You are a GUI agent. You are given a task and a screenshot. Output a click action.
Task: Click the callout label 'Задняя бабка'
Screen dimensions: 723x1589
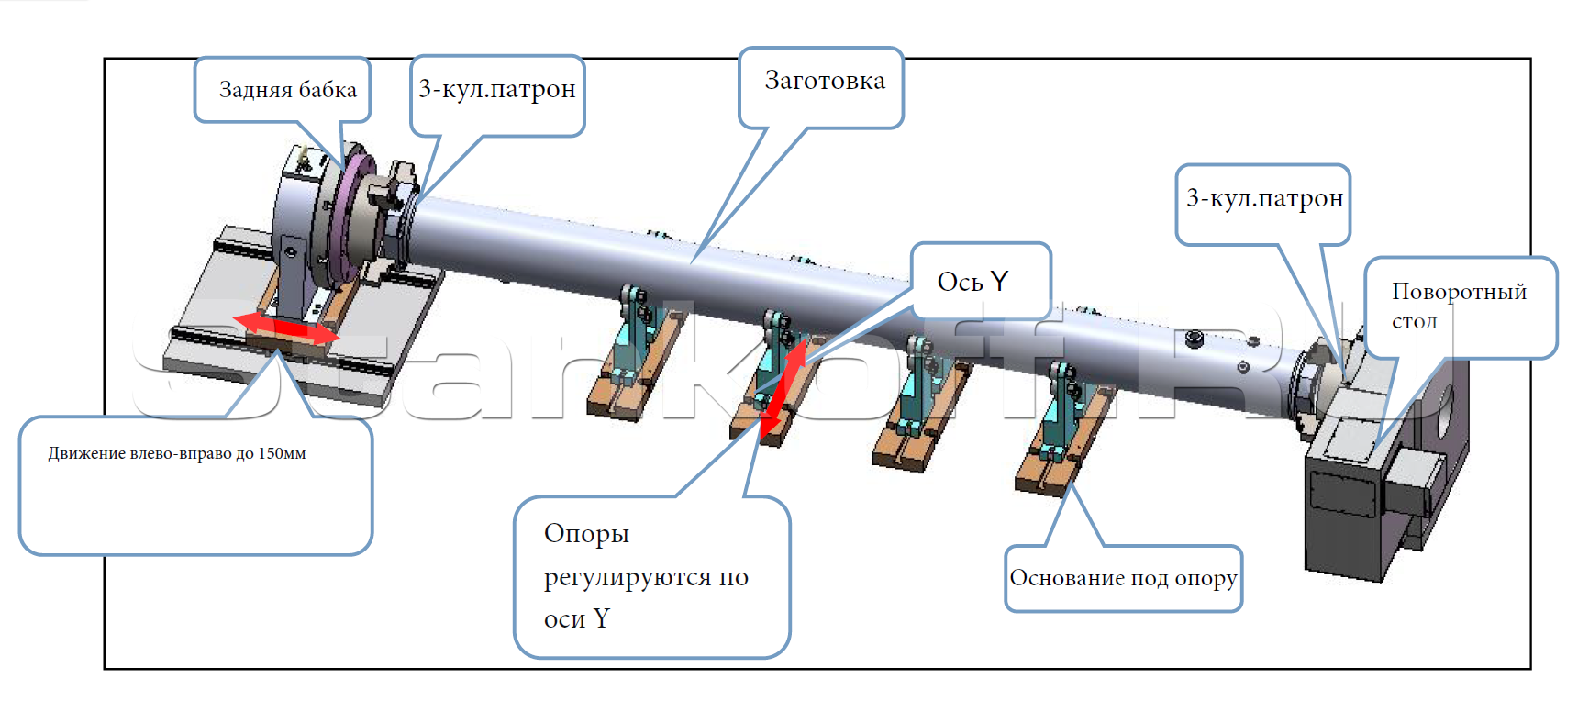pos(287,90)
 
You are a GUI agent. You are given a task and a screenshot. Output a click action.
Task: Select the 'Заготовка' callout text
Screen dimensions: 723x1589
pos(824,81)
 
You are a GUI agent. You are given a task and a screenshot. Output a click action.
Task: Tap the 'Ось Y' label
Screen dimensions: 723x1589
pos(972,281)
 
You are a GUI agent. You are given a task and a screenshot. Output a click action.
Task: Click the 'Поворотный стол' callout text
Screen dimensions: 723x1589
pos(1458,305)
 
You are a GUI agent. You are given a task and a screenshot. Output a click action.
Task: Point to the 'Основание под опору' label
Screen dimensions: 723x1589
pos(1123,578)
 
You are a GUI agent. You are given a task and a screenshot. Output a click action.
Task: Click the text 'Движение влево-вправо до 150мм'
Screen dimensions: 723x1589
pos(177,453)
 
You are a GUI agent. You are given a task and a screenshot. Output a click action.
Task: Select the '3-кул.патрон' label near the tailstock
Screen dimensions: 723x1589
pos(496,89)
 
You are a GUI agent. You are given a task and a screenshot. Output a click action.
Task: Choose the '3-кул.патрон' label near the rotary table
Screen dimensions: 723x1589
pos(1264,198)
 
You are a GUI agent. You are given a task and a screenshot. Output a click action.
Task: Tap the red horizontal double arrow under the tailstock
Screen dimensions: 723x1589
pos(286,328)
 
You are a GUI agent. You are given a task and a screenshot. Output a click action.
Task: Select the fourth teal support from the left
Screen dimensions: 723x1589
pos(1065,404)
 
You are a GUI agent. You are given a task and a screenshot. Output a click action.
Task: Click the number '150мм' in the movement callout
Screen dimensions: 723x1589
pos(282,453)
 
